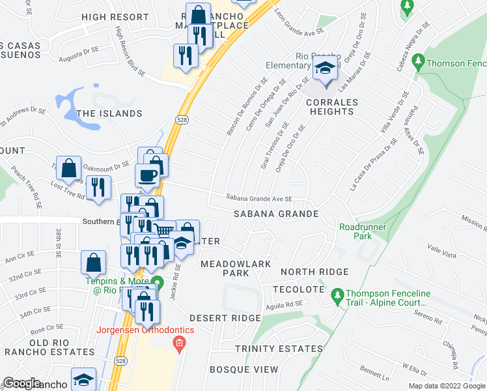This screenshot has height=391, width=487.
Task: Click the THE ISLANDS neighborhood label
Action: pyautogui.click(x=109, y=113)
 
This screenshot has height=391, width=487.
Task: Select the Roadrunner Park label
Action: pyautogui.click(x=363, y=231)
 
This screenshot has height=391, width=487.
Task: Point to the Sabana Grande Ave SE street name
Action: pyautogui.click(x=259, y=198)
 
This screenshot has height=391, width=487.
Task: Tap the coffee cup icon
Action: pyautogui.click(x=146, y=175)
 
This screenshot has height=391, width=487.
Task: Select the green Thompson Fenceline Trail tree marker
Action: pyautogui.click(x=337, y=296)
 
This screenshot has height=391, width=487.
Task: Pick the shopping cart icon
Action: pyautogui.click(x=164, y=230)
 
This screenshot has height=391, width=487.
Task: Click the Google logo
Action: pyautogui.click(x=21, y=383)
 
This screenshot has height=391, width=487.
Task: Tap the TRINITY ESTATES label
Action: pyautogui.click(x=278, y=349)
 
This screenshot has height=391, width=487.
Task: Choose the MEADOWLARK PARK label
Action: pyautogui.click(x=234, y=268)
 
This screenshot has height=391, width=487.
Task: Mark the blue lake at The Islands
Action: pyautogui.click(x=70, y=106)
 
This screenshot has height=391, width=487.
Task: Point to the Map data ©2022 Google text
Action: pyautogui.click(x=447, y=386)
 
